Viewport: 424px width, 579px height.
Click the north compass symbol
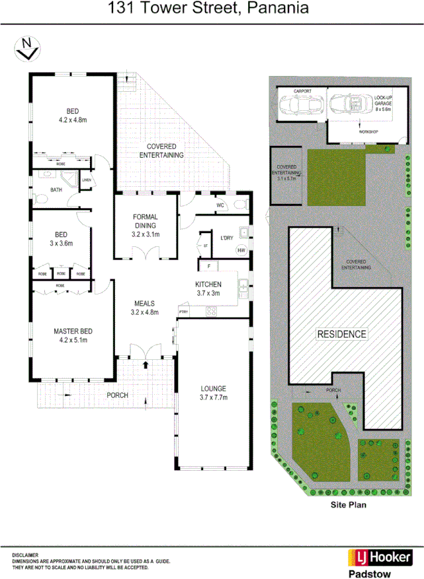pos(27,49)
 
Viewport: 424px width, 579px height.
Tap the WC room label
pos(221,205)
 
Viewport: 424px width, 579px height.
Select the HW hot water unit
pos(241,250)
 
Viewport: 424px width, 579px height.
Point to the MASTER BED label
pos(73,331)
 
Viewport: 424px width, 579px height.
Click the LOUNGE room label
pos(214,388)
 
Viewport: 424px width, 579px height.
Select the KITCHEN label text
pos(208,284)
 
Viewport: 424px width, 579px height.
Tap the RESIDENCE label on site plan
pos(341,334)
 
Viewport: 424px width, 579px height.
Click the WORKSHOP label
pos(368,132)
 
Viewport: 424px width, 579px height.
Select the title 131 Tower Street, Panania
pos(208,9)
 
